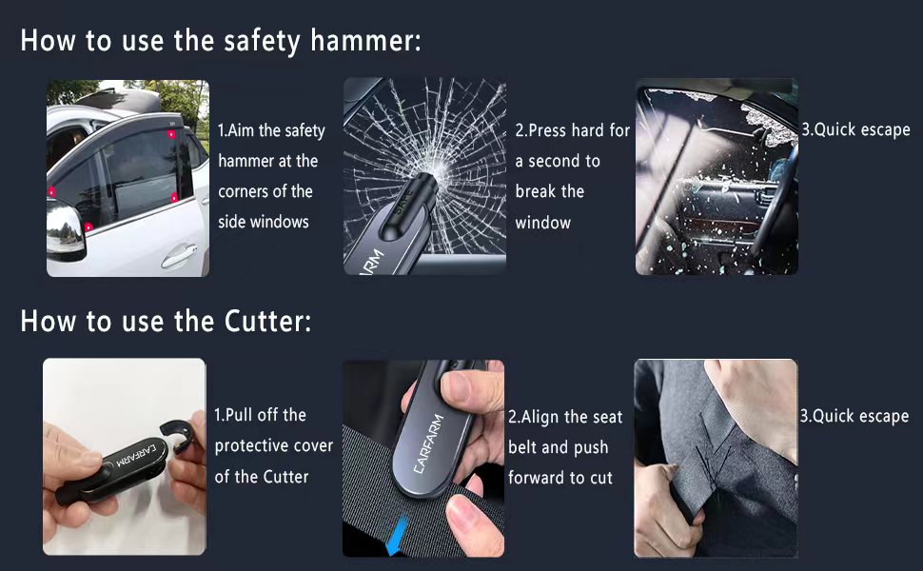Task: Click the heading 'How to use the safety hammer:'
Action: click(220, 42)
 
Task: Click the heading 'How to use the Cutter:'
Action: click(166, 321)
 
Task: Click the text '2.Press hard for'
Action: click(572, 130)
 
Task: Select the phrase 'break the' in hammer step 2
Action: click(549, 191)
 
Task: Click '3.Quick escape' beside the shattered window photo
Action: click(855, 129)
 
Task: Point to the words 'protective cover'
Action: click(274, 445)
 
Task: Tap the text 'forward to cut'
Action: click(560, 477)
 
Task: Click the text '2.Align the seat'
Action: click(565, 416)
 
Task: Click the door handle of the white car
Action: click(177, 256)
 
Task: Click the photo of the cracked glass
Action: click(424, 177)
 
